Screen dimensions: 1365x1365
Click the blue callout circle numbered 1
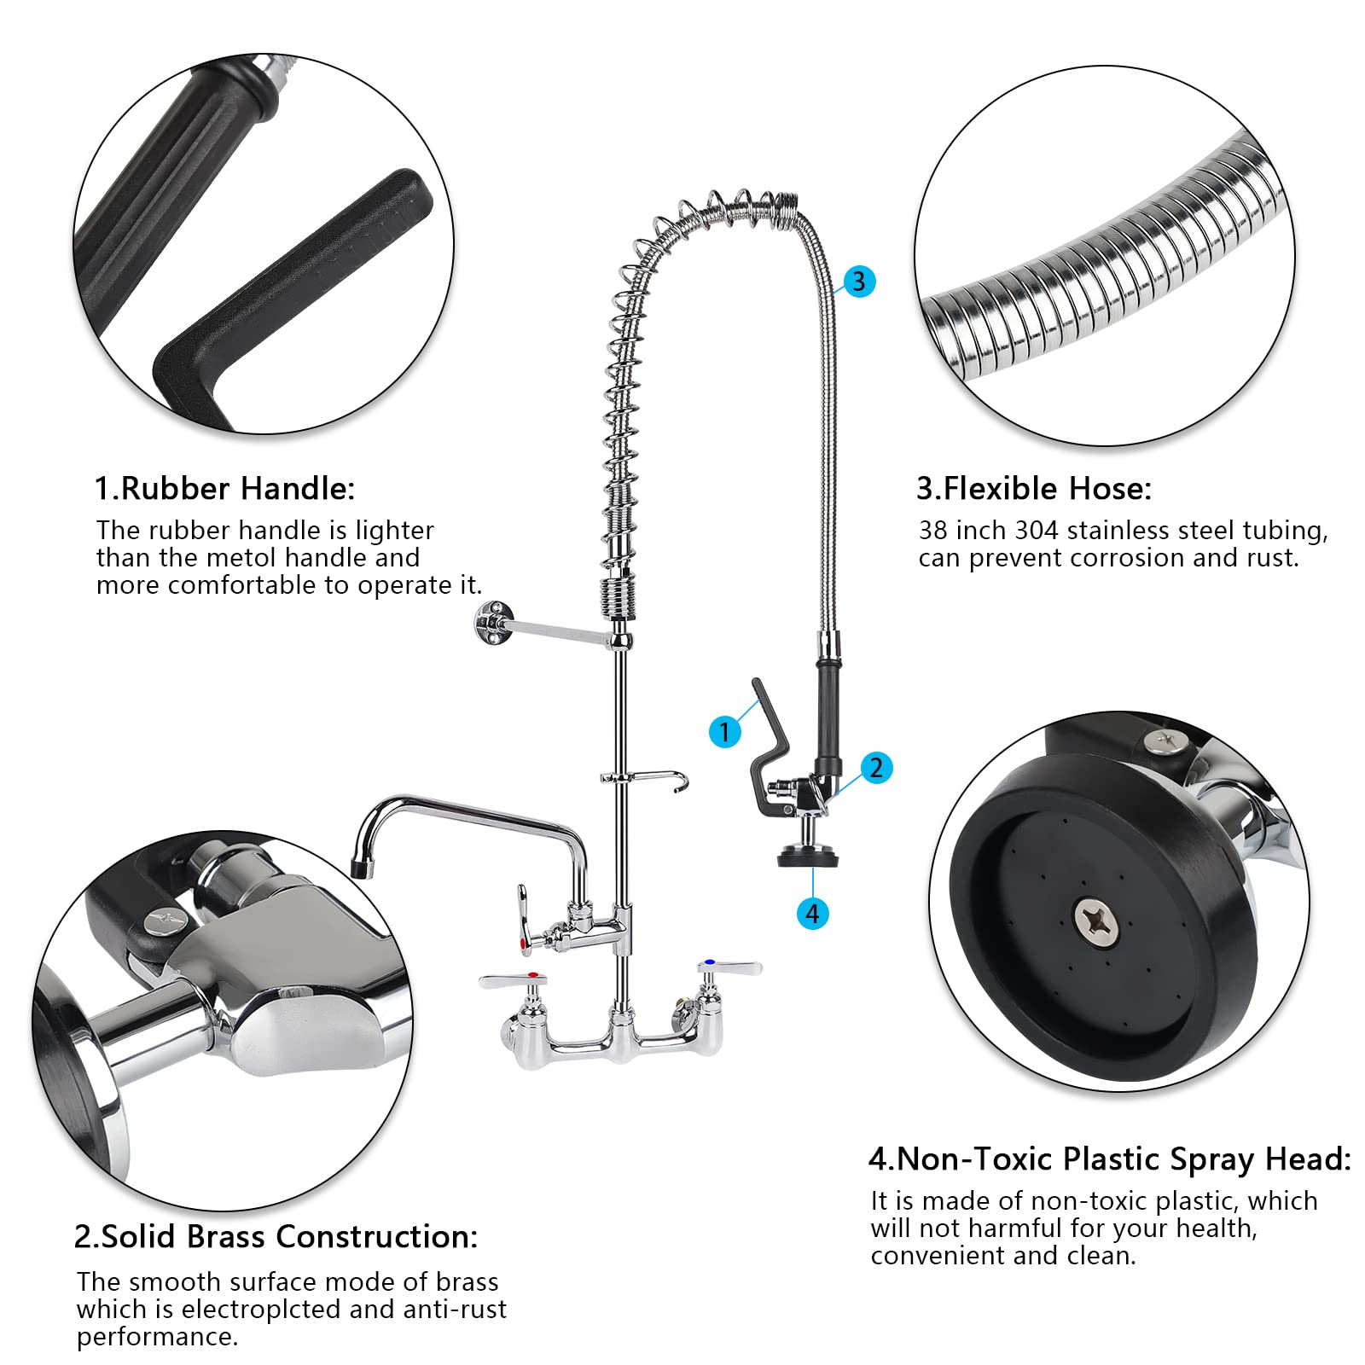(x=724, y=731)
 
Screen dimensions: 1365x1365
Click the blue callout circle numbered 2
(x=876, y=768)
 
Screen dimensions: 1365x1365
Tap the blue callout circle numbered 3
(x=859, y=282)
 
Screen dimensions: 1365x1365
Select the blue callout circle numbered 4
(x=812, y=914)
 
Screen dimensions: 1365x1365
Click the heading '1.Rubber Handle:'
(x=224, y=489)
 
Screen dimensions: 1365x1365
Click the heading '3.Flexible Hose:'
(x=1033, y=489)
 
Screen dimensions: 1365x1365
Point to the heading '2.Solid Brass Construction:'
(x=276, y=1237)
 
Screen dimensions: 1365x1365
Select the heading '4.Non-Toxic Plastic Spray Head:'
(x=1109, y=1159)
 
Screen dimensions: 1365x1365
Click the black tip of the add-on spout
(x=363, y=868)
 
